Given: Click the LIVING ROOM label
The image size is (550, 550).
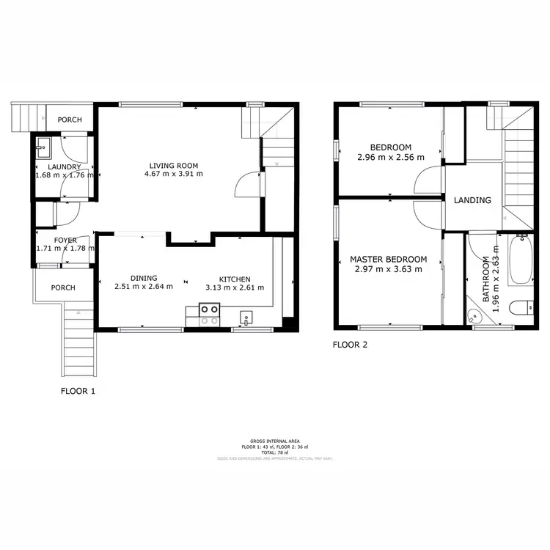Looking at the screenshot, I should (x=173, y=165).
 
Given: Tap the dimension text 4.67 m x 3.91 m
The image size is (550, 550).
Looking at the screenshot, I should (x=173, y=175).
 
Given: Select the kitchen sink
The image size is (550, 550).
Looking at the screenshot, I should (x=246, y=318).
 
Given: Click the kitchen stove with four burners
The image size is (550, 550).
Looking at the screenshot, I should (x=208, y=315).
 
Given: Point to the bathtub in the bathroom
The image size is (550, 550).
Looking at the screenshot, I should (x=522, y=260).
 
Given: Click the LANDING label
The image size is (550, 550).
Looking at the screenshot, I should (x=473, y=200).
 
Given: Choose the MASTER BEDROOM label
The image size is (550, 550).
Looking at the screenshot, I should (x=388, y=260).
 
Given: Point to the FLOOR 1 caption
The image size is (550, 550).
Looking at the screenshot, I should (x=78, y=392).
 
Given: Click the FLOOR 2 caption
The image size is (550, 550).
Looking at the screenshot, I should (x=350, y=344).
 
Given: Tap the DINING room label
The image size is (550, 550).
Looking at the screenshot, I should (x=144, y=279).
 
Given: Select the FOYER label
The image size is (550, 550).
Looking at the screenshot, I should (x=65, y=240).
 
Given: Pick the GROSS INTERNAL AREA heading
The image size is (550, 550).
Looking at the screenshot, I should (x=275, y=441).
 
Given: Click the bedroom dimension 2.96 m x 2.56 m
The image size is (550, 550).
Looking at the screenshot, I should (x=390, y=157).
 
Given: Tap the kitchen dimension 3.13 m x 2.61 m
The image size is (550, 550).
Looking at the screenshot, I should (x=234, y=287).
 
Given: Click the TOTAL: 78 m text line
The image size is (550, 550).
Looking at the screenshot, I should (x=275, y=452).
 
